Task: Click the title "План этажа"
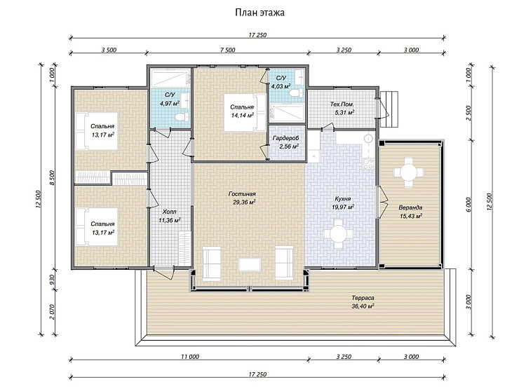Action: [259, 13]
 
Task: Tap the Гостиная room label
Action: [242, 194]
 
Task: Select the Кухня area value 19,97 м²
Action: [343, 207]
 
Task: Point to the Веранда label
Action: [410, 207]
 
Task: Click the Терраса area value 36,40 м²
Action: [363, 306]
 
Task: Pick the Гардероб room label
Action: [285, 138]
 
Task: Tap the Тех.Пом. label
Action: [342, 104]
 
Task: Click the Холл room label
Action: [170, 212]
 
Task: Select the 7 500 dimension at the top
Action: [228, 50]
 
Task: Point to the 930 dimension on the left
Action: [52, 280]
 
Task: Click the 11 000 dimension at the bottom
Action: [190, 357]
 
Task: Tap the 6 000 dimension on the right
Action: [468, 205]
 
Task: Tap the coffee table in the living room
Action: [250, 265]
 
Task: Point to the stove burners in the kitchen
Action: [368, 164]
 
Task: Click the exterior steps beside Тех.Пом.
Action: [389, 109]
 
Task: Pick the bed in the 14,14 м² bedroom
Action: [245, 112]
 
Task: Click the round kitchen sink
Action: [368, 138]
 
